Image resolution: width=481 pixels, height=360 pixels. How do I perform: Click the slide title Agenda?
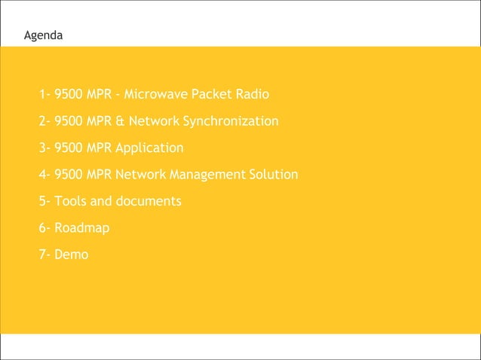coord(44,35)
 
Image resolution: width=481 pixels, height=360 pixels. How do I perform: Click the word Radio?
coord(252,95)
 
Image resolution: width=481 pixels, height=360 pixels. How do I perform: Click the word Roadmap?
coord(82,228)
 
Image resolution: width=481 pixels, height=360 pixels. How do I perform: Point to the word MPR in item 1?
coord(100,95)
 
